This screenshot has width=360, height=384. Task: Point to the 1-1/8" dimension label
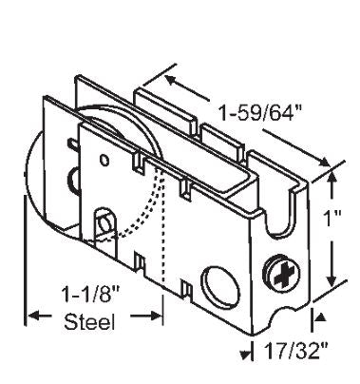(91, 294)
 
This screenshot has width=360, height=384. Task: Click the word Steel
(89, 322)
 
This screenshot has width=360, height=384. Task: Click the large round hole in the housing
(220, 286)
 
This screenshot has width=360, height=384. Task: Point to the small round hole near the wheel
(104, 160)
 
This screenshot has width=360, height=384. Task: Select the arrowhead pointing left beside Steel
(34, 316)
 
